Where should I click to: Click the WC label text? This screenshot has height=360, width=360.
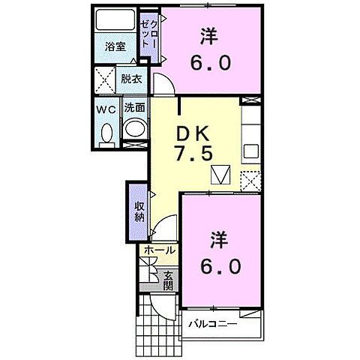pos(105,109)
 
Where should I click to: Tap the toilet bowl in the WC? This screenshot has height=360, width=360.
pos(106,133)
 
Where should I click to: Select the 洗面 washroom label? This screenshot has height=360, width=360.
pos(134,108)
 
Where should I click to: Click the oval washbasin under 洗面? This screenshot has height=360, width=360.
pos(134,128)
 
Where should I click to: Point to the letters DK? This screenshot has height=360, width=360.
pos(193,133)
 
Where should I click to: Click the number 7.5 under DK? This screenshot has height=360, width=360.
pos(195,153)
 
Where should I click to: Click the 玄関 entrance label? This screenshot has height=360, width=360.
pos(168,280)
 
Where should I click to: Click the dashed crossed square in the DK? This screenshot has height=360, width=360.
pos(250,181)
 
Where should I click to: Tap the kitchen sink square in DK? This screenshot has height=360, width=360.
pos(250,148)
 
